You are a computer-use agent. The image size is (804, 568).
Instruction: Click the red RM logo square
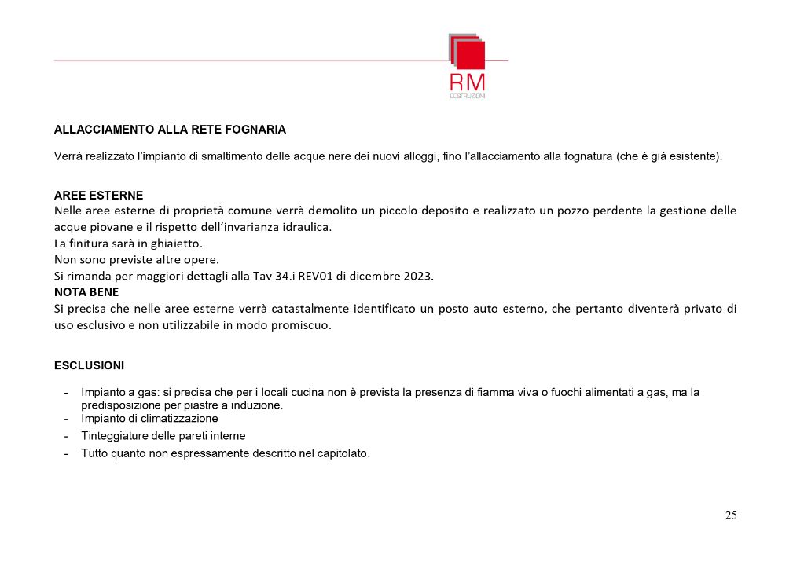tap(470, 54)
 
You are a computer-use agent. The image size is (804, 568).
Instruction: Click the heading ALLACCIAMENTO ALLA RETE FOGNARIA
tap(170, 129)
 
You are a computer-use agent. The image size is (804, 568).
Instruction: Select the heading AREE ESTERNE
tap(99, 196)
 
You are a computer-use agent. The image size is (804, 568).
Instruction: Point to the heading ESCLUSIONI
tap(89, 365)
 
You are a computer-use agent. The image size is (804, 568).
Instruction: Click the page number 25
tap(731, 515)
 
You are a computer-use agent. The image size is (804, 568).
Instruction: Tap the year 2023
tap(416, 277)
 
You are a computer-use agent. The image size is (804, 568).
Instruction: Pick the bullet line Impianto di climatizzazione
tap(149, 419)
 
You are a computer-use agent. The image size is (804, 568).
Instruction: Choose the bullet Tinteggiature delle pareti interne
tap(163, 435)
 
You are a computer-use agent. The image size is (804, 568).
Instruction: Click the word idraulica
tap(304, 227)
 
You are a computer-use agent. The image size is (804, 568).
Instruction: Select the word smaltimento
tap(225, 156)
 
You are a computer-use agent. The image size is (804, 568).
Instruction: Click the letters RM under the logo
tap(467, 82)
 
